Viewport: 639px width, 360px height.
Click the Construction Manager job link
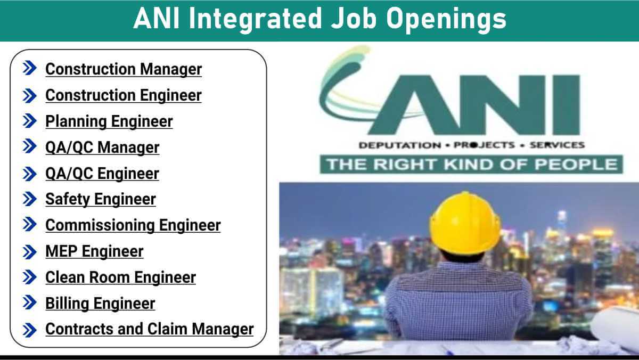pyautogui.click(x=124, y=69)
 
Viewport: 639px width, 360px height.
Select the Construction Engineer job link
pyautogui.click(x=124, y=95)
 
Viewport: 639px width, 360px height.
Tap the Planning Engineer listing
pyautogui.click(x=109, y=121)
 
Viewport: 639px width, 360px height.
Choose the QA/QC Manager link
pyautogui.click(x=102, y=148)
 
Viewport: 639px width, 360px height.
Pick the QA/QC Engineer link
pyautogui.click(x=102, y=174)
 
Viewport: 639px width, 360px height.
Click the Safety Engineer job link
pyautogui.click(x=101, y=199)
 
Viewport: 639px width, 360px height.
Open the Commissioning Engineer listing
pyautogui.click(x=133, y=225)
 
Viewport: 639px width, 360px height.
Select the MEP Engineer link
pyautogui.click(x=94, y=251)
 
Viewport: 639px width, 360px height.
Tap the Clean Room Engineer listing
pyautogui.click(x=121, y=277)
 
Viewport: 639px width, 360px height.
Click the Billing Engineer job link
pyautogui.click(x=100, y=304)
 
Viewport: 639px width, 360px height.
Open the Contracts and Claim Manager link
pyautogui.click(x=150, y=329)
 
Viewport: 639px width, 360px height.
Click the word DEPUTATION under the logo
pyautogui.click(x=392, y=145)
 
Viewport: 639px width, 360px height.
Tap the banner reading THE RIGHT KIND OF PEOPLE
pyautogui.click(x=471, y=164)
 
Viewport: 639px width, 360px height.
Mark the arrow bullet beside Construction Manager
pyautogui.click(x=30, y=69)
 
